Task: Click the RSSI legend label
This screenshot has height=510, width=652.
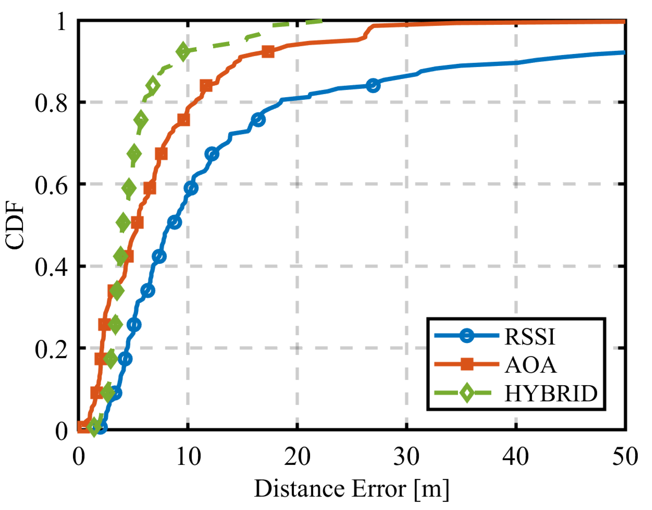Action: click(x=530, y=337)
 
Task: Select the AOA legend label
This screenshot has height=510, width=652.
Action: click(x=530, y=365)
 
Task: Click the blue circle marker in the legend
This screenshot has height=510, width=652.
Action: click(x=467, y=336)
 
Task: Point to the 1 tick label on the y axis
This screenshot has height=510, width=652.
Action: click(x=61, y=21)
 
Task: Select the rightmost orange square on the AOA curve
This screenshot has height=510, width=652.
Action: click(x=268, y=52)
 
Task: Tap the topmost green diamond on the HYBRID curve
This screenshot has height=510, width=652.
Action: click(x=183, y=51)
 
